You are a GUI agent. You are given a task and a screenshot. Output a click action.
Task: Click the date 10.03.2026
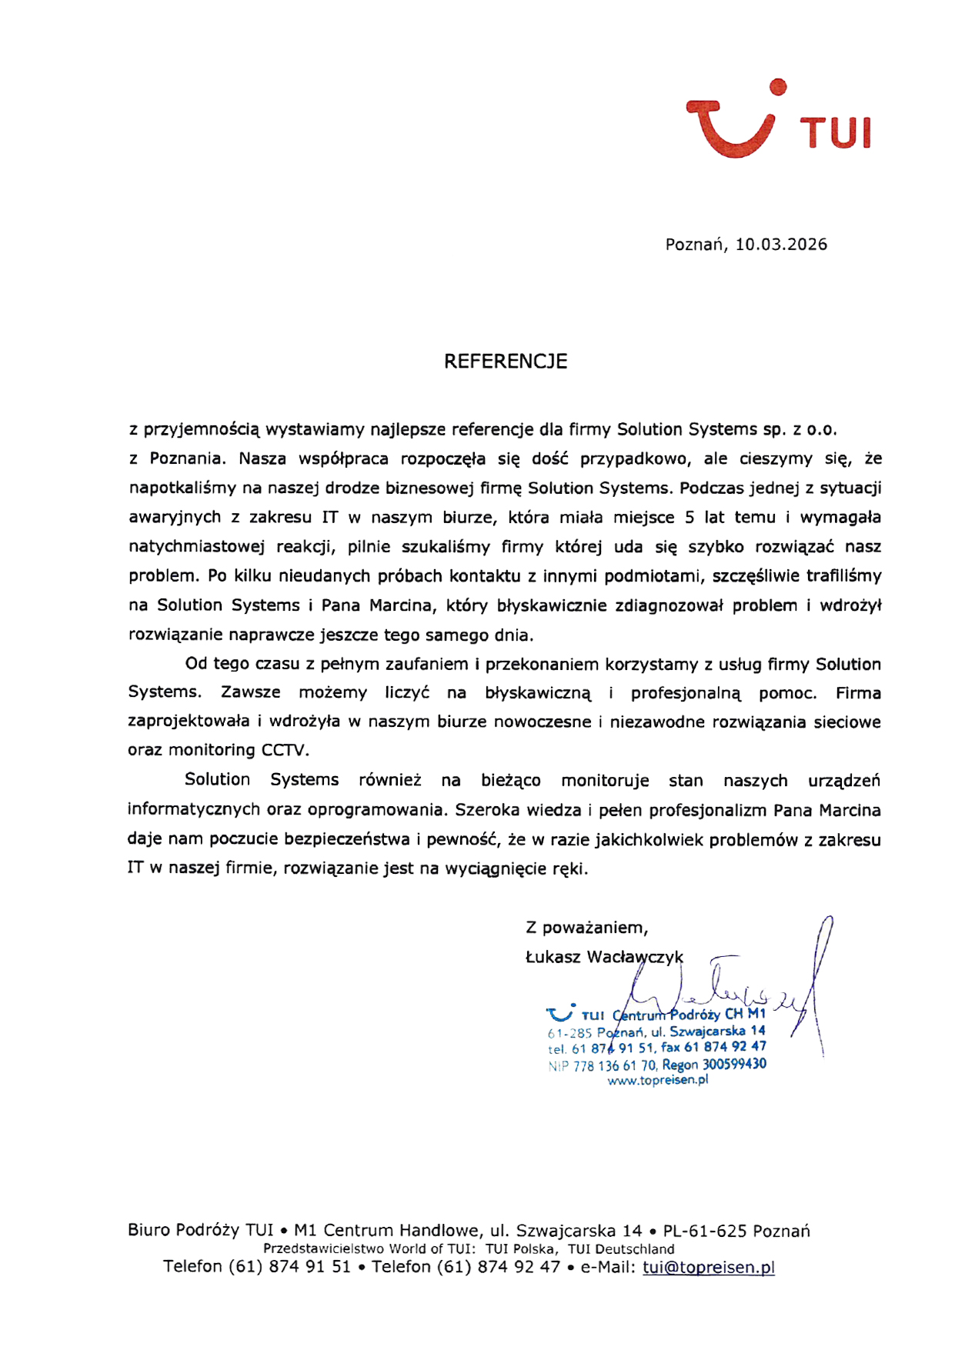coord(780,245)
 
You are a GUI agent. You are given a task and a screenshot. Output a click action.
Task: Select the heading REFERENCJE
coord(505,362)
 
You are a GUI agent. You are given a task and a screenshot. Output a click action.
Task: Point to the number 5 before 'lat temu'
coord(690,518)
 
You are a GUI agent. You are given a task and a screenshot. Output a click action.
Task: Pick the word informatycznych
coord(193,810)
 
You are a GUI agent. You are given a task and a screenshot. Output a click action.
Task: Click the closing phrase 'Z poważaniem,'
coord(586,928)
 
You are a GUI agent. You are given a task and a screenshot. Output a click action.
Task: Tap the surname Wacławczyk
coord(635,958)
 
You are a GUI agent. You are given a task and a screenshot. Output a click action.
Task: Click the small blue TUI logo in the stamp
coord(560,1013)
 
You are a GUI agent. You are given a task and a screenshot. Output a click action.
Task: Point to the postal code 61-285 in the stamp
coord(569,1033)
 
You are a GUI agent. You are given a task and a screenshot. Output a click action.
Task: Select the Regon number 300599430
coord(734,1065)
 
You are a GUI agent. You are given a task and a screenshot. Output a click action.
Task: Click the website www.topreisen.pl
coord(657,1080)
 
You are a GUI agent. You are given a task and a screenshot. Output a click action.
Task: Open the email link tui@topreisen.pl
coord(708,1268)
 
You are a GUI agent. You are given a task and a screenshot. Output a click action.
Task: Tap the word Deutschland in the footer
coord(634,1249)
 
